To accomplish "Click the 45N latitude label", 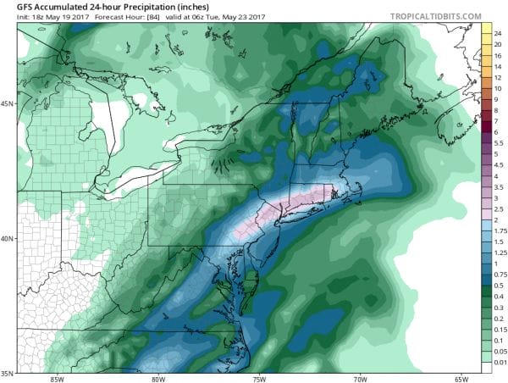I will point(8,104).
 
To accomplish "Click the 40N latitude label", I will point(8,238).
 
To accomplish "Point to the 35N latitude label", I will point(8,372).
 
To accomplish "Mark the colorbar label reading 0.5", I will point(500,286).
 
